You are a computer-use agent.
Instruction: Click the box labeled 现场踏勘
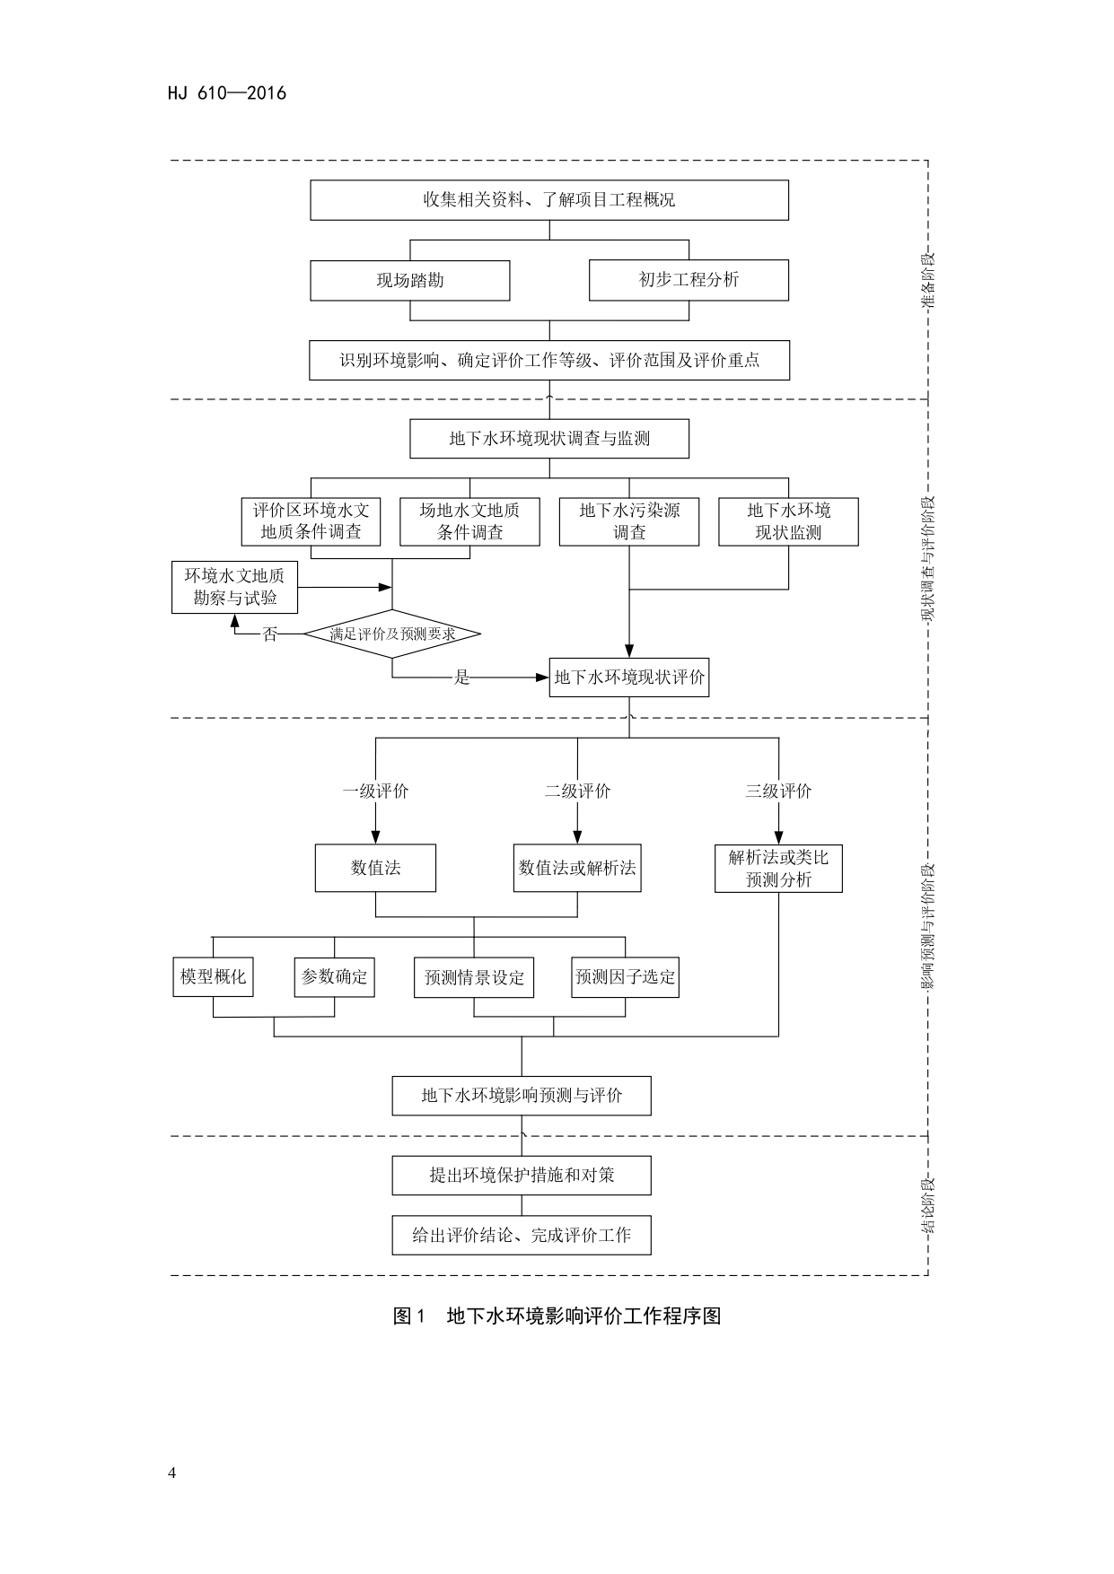coord(410,281)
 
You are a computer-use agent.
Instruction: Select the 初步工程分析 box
coord(689,280)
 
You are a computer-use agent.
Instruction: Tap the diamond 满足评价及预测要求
coord(392,634)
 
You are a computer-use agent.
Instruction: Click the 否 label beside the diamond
coord(270,634)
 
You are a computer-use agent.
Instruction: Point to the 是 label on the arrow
coord(461,678)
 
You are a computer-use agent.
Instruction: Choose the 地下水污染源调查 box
coord(628,521)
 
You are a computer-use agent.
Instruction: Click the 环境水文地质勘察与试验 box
coord(234,587)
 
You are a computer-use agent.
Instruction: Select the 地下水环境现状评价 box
coord(629,678)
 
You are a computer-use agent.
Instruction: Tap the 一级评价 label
coord(375,791)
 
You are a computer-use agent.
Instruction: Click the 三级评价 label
coord(778,791)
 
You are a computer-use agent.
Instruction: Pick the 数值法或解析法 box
coord(577,868)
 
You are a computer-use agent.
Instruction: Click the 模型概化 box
coord(213,976)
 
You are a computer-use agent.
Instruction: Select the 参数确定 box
coord(334,976)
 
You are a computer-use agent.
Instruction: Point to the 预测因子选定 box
coord(625,976)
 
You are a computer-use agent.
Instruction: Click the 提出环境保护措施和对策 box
coord(522,1176)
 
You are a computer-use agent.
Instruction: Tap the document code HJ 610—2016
coord(227,93)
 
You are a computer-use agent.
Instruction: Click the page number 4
coord(172,1473)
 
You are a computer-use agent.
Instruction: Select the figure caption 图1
coord(408,1316)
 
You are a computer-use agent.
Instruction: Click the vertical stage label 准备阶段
coord(928,281)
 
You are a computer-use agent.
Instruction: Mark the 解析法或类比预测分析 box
coord(778,868)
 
